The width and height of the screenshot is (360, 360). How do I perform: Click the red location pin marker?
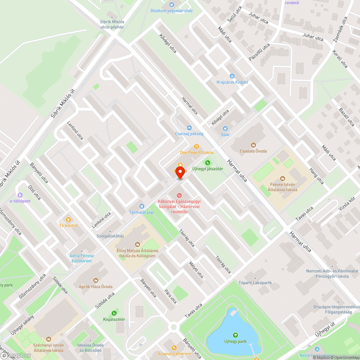click(x=180, y=173)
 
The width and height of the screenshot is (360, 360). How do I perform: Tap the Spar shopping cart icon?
click(x=225, y=129)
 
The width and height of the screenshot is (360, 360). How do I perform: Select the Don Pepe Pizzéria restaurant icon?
click(x=197, y=147)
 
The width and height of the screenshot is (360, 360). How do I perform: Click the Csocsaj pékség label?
click(x=189, y=134)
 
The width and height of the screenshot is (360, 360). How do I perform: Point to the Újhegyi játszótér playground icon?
click(x=207, y=163)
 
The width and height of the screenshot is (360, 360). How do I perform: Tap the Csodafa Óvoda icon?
click(x=253, y=145)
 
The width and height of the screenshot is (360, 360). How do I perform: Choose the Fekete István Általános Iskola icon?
click(x=282, y=179)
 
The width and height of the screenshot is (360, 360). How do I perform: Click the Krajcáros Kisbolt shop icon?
click(x=232, y=76)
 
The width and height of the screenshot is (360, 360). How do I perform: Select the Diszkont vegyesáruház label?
click(x=171, y=10)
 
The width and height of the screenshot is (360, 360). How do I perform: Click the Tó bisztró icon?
click(x=68, y=219)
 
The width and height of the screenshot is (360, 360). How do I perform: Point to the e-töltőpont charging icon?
click(x=20, y=195)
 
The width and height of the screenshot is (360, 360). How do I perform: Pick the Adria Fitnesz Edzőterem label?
click(x=82, y=258)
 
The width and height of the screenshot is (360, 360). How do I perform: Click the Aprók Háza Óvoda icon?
click(x=96, y=280)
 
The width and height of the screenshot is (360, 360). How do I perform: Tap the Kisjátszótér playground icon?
click(x=114, y=313)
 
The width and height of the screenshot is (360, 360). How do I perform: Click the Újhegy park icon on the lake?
click(x=235, y=335)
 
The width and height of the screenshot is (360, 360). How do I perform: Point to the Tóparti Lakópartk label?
click(x=255, y=283)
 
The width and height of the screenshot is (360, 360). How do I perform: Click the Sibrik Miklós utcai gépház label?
click(x=112, y=24)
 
